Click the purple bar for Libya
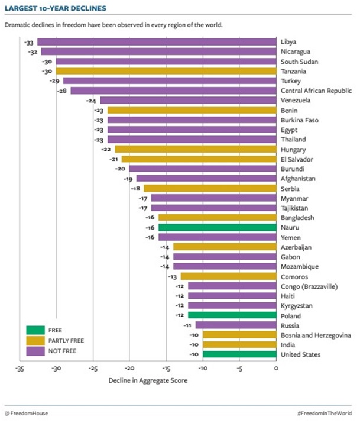pyautogui.click(x=157, y=42)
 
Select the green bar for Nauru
pyautogui.click(x=218, y=227)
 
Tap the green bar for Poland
pyautogui.click(x=232, y=315)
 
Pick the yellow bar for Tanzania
pyautogui.click(x=166, y=71)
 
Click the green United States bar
pyautogui.click(x=239, y=354)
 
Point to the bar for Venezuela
pyautogui.click(x=188, y=101)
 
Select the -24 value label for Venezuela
pyautogui.click(x=92, y=101)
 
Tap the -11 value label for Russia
pyautogui.click(x=187, y=325)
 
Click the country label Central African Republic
pyautogui.click(x=316, y=91)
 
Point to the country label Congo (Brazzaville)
pyautogui.click(x=309, y=286)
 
